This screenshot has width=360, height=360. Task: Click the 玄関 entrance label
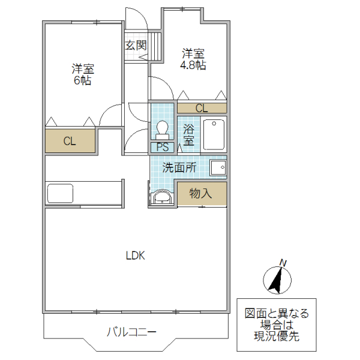click(136, 45)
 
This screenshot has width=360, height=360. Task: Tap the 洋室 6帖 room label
click(83, 74)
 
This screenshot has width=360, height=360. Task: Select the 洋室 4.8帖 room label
click(193, 59)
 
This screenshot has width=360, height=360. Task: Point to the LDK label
click(135, 255)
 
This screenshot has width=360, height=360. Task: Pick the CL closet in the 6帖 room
click(70, 142)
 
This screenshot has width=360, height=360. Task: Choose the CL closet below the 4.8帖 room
click(202, 109)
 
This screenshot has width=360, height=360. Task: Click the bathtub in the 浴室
click(214, 135)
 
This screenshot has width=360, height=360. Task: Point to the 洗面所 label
click(179, 168)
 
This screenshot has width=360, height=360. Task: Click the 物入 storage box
click(202, 193)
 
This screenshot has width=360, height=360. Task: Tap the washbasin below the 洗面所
click(162, 197)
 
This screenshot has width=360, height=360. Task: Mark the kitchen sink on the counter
click(60, 194)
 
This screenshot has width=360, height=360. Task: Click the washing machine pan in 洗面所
click(218, 168)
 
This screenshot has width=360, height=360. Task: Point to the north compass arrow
click(278, 280)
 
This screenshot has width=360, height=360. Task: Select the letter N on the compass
click(284, 262)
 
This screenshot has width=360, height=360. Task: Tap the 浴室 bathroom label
click(188, 135)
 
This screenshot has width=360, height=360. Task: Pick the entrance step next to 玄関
click(157, 46)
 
